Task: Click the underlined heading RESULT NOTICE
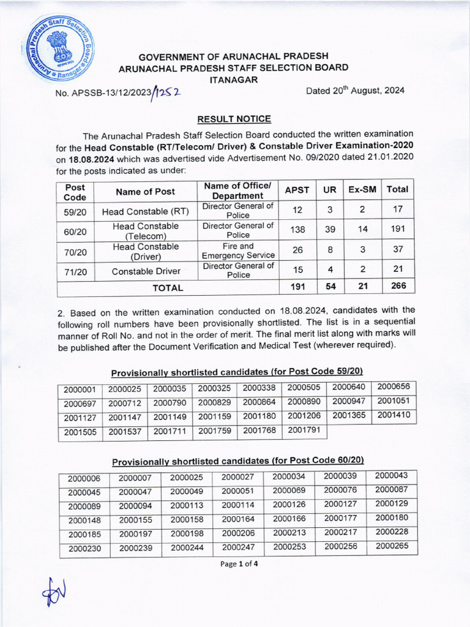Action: click(x=234, y=119)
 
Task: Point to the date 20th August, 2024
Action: click(x=355, y=91)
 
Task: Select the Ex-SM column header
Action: click(x=362, y=190)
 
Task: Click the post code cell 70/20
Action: click(x=75, y=251)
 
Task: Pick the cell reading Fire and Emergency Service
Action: click(x=238, y=251)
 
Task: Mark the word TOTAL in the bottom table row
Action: click(x=167, y=287)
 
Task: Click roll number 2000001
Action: click(x=80, y=389)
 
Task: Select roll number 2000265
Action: click(x=392, y=547)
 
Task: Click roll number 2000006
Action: click(x=84, y=478)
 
